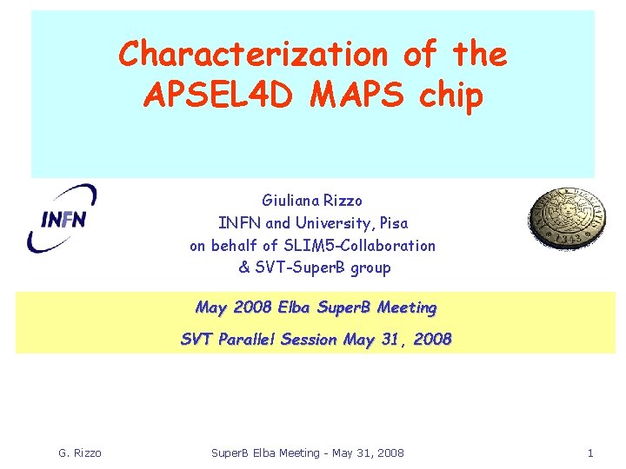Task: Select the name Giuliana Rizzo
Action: click(312, 200)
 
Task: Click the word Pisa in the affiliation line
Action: click(390, 223)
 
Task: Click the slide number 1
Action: click(590, 452)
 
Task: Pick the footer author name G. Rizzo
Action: click(79, 452)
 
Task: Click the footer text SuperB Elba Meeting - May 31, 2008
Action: click(309, 452)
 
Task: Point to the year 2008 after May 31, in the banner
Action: click(432, 340)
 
